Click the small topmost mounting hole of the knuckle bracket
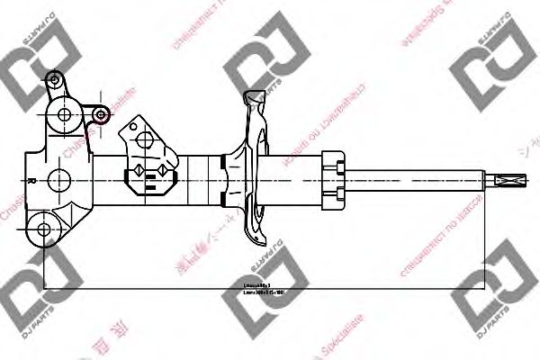point(55,83)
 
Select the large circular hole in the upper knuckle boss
point(64,114)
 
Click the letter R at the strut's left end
point(32,180)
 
